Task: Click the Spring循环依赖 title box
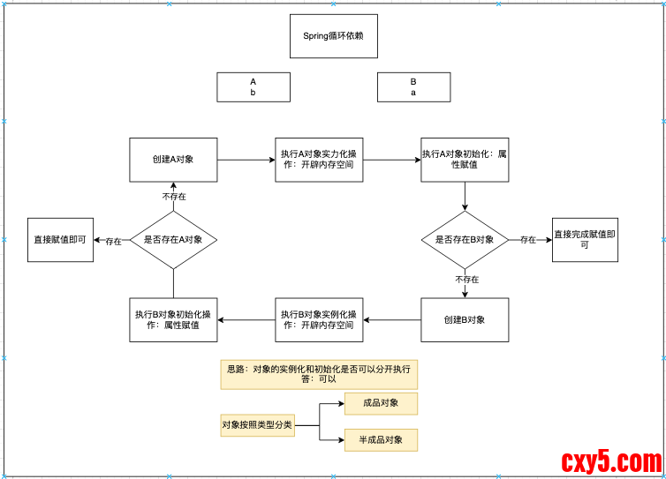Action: click(333, 36)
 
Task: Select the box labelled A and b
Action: click(253, 87)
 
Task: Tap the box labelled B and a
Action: click(412, 87)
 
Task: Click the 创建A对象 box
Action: click(173, 160)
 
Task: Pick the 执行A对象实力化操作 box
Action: click(319, 160)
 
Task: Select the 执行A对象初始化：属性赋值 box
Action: click(465, 160)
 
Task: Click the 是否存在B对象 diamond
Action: click(465, 240)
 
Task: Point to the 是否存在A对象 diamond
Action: click(173, 240)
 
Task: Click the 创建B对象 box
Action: click(465, 319)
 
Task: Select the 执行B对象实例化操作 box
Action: click(319, 319)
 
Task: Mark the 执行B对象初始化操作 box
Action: click(173, 319)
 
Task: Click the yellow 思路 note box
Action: click(319, 374)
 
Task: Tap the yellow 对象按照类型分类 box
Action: click(257, 425)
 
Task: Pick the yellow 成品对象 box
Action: click(381, 404)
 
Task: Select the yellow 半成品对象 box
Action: click(381, 440)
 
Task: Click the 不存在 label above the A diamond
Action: click(174, 196)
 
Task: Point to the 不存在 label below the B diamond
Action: click(467, 280)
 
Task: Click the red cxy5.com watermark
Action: click(611, 462)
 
